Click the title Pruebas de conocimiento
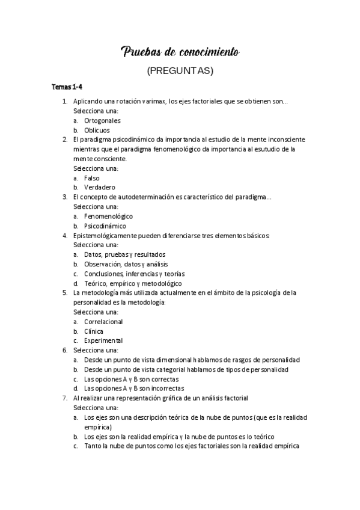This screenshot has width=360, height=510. [180, 53]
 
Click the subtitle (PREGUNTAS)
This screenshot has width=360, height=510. [180, 71]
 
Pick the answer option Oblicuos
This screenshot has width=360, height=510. [97, 130]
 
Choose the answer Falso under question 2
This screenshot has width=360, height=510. [92, 177]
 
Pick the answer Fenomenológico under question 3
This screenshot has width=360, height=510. [108, 216]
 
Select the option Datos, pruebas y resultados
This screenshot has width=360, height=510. [124, 254]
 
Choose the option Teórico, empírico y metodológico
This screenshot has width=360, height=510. [133, 283]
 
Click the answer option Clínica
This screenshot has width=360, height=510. [94, 331]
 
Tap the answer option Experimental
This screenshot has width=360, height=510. [103, 340]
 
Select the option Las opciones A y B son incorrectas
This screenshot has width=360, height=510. [134, 389]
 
